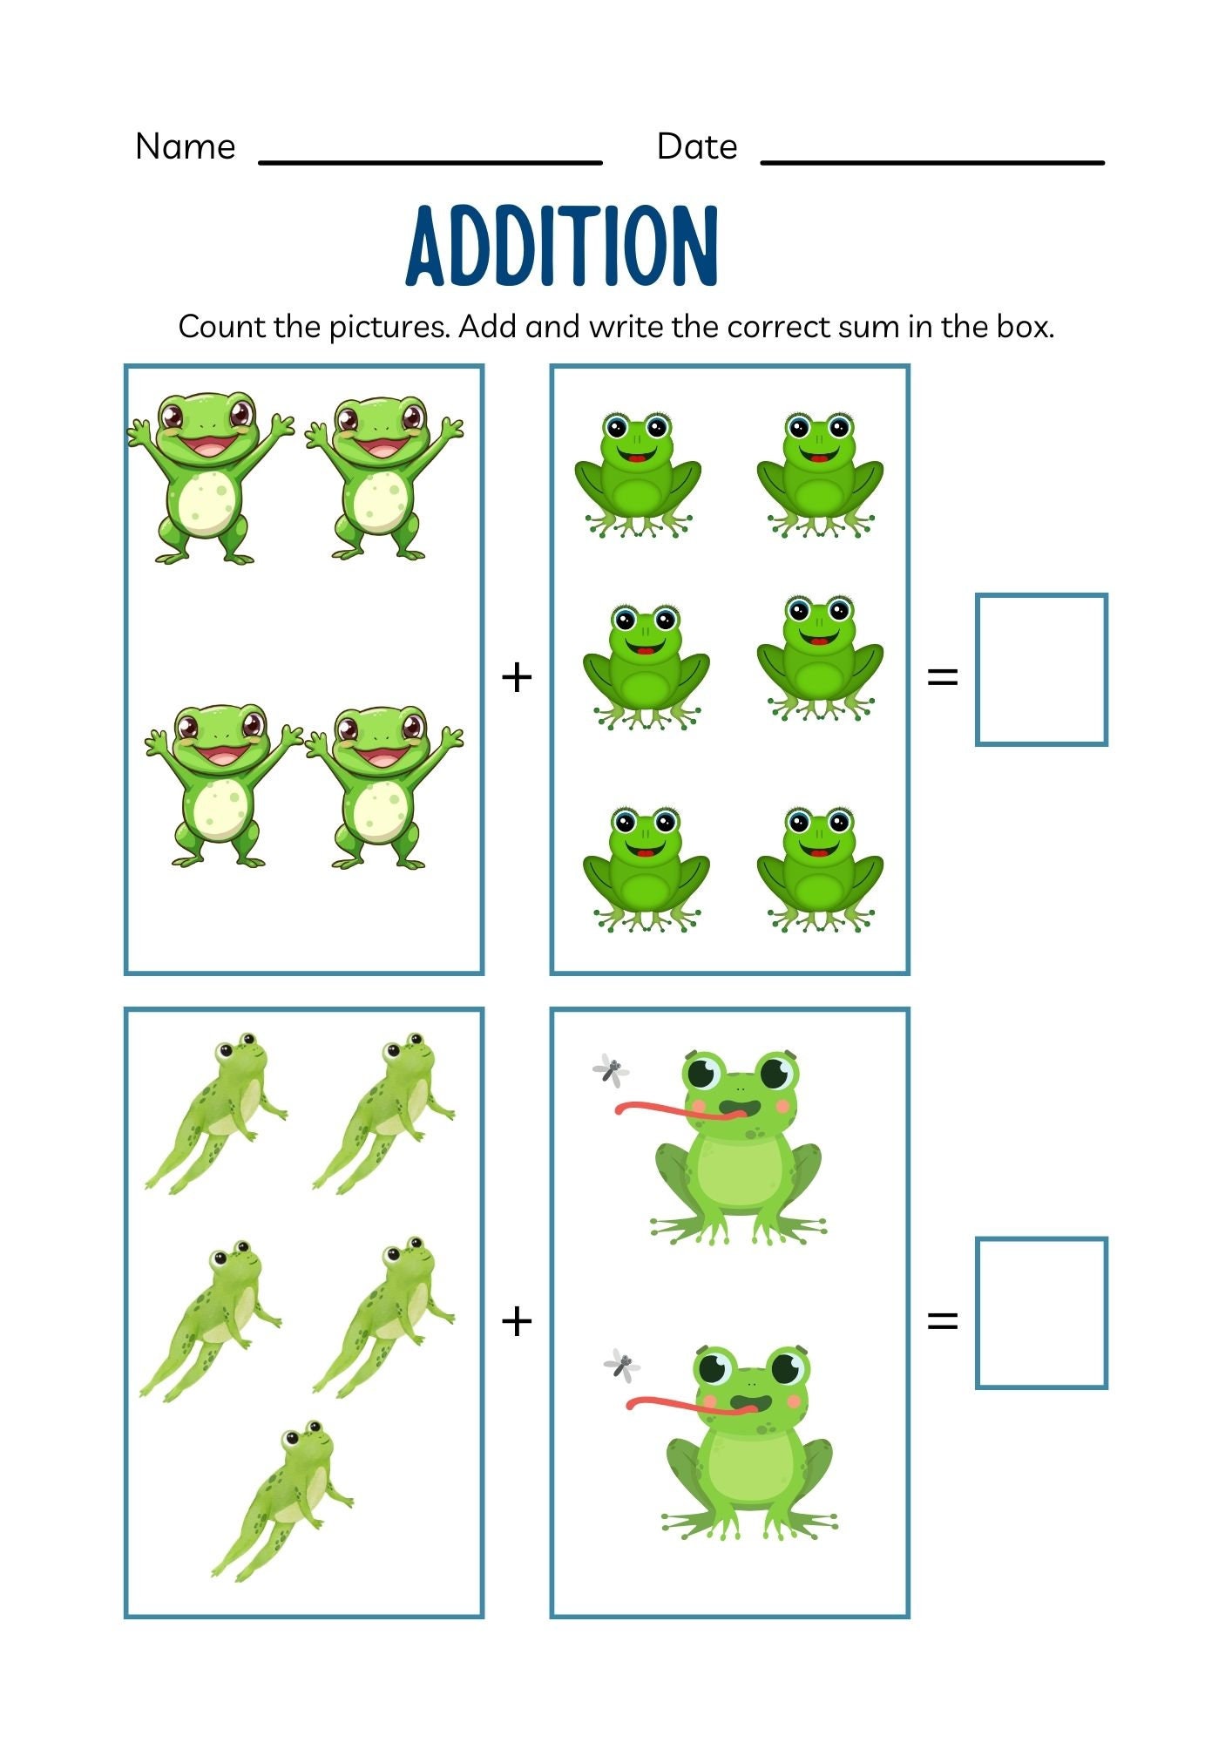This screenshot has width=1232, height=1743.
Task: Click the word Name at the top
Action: coord(185,146)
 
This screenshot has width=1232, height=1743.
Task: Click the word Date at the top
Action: coord(696,146)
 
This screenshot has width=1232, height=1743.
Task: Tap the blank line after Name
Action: coord(430,161)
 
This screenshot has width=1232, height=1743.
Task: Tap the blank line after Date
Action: coord(932,161)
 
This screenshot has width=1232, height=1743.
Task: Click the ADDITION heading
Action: coord(562,247)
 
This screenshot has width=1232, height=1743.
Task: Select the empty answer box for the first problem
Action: coord(1041,669)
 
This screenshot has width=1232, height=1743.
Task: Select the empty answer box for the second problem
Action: coord(1041,1312)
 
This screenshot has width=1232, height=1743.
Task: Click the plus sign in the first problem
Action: coord(517,677)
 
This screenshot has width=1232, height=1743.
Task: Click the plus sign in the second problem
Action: coord(517,1321)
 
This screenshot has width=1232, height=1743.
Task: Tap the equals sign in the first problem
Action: coord(942,677)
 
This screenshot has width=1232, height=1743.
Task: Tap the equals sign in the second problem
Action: coord(942,1321)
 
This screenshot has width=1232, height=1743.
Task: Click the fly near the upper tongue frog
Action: coord(611,1069)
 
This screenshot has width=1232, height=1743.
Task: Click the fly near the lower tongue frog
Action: coord(622,1366)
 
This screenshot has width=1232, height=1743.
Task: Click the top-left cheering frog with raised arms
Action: coord(209,475)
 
